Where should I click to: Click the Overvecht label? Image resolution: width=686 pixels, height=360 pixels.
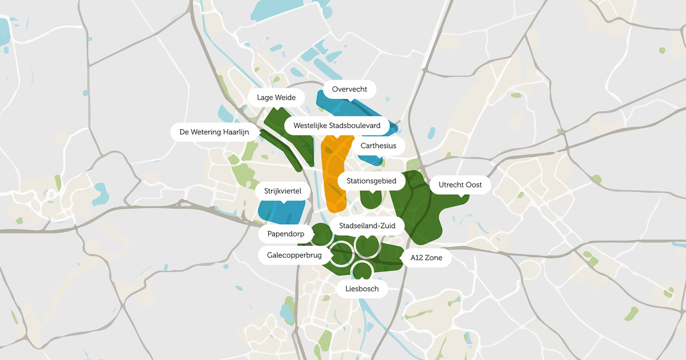click(x=349, y=90)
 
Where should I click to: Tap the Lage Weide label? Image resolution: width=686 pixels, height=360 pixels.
click(x=276, y=97)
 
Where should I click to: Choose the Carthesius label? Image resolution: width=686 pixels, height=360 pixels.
click(x=378, y=146)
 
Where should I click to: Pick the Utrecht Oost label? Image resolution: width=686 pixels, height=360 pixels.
click(x=460, y=185)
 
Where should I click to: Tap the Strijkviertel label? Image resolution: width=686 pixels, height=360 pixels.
click(x=282, y=191)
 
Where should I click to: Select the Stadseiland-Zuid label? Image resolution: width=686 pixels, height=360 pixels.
click(x=363, y=225)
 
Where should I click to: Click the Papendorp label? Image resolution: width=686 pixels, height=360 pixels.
click(x=286, y=234)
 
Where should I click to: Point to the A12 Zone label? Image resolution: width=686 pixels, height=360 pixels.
click(x=430, y=258)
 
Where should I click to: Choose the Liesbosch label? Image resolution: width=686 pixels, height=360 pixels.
click(x=362, y=289)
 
